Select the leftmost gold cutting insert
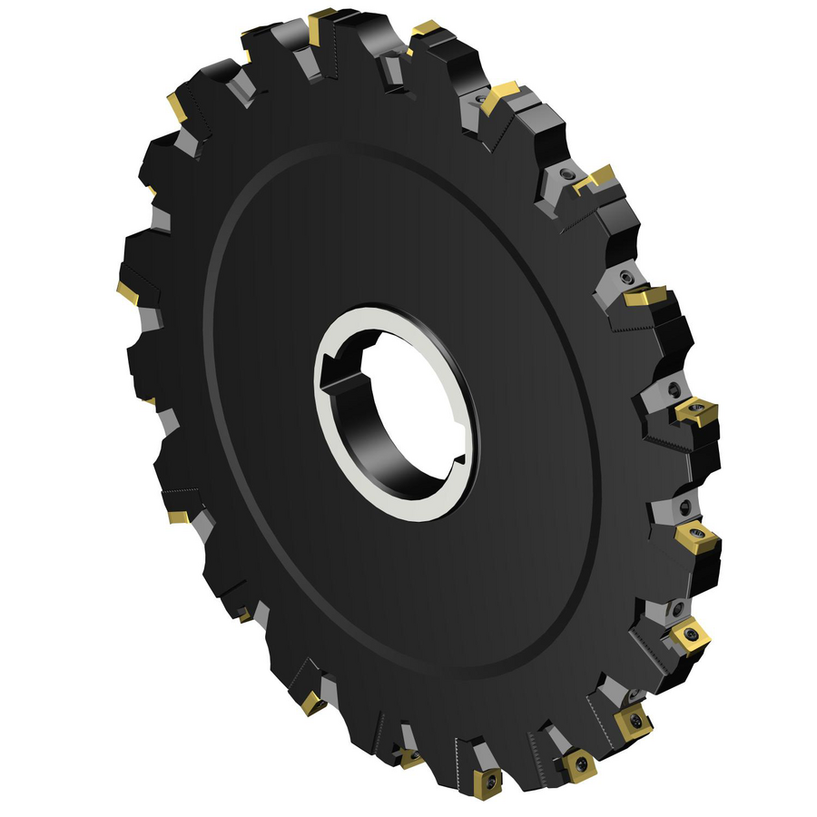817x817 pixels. tap(128, 292)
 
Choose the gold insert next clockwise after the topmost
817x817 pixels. tap(423, 31)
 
